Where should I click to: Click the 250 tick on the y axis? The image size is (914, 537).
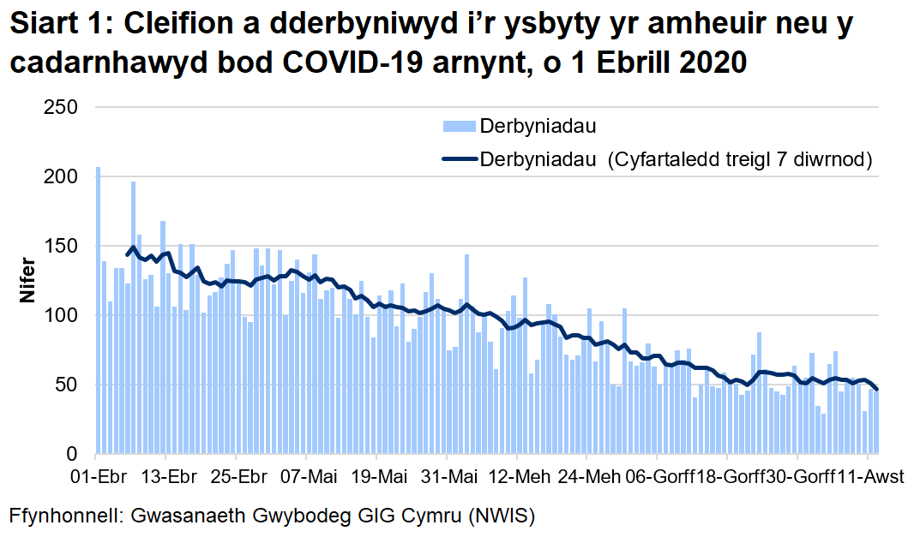pyautogui.click(x=62, y=108)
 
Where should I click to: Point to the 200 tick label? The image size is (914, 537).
pyautogui.click(x=62, y=177)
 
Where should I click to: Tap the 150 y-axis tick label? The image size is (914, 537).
pyautogui.click(x=62, y=247)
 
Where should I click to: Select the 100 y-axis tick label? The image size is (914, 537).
pyautogui.click(x=62, y=316)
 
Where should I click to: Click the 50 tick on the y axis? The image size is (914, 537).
pyautogui.click(x=67, y=385)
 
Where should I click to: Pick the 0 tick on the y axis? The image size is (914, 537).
pyautogui.click(x=73, y=455)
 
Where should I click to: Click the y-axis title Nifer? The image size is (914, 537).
pyautogui.click(x=27, y=281)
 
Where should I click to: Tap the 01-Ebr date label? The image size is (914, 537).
pyautogui.click(x=97, y=476)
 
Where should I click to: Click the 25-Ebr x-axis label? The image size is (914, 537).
pyautogui.click(x=238, y=476)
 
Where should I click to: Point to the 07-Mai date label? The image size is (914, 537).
pyautogui.click(x=308, y=476)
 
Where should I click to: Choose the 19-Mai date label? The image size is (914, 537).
pyautogui.click(x=379, y=476)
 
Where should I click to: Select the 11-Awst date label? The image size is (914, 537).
pyautogui.click(x=870, y=476)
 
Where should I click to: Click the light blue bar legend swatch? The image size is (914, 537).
pyautogui.click(x=459, y=127)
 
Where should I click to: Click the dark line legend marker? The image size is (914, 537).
pyautogui.click(x=459, y=158)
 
